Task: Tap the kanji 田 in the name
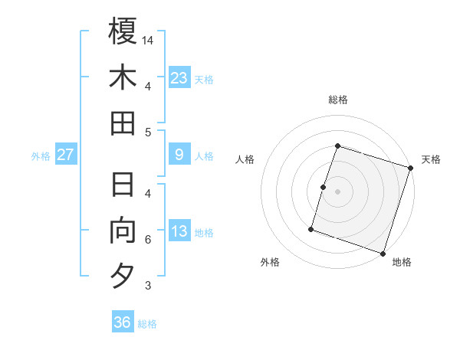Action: click(123, 123)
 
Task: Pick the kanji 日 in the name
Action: click(123, 185)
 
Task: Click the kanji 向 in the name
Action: click(123, 231)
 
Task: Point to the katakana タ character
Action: click(123, 277)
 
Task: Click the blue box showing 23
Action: click(179, 77)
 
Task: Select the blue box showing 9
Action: click(179, 155)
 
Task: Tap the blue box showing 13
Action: click(179, 231)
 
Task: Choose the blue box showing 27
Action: click(65, 155)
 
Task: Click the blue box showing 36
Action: click(122, 322)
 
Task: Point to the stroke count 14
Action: click(149, 39)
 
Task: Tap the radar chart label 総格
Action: click(338, 100)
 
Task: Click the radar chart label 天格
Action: click(431, 159)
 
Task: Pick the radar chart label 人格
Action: click(245, 159)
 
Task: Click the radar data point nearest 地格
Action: click(383, 254)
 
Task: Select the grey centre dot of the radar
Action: click(338, 191)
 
